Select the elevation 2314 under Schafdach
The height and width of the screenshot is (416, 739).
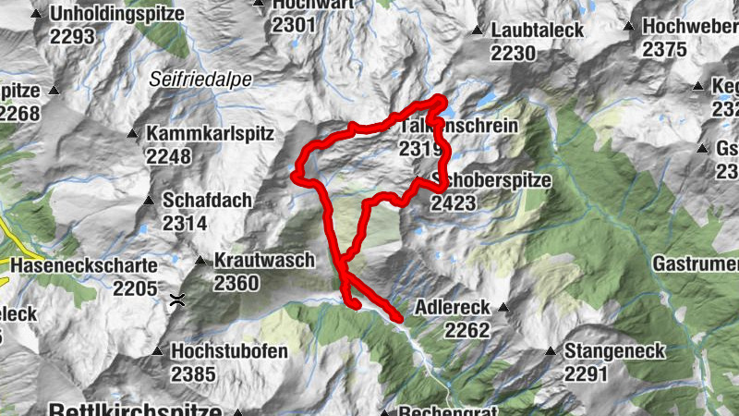(x=184, y=222)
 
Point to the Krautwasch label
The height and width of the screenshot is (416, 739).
(x=264, y=261)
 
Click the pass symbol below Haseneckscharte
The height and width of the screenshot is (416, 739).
(x=176, y=300)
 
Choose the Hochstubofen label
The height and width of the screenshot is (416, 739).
(x=229, y=352)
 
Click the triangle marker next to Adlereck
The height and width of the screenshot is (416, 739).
(x=503, y=307)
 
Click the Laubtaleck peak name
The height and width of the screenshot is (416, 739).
(x=538, y=31)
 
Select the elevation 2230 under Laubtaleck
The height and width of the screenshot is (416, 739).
(x=514, y=54)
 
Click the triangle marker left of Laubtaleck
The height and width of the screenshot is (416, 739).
(x=477, y=31)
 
